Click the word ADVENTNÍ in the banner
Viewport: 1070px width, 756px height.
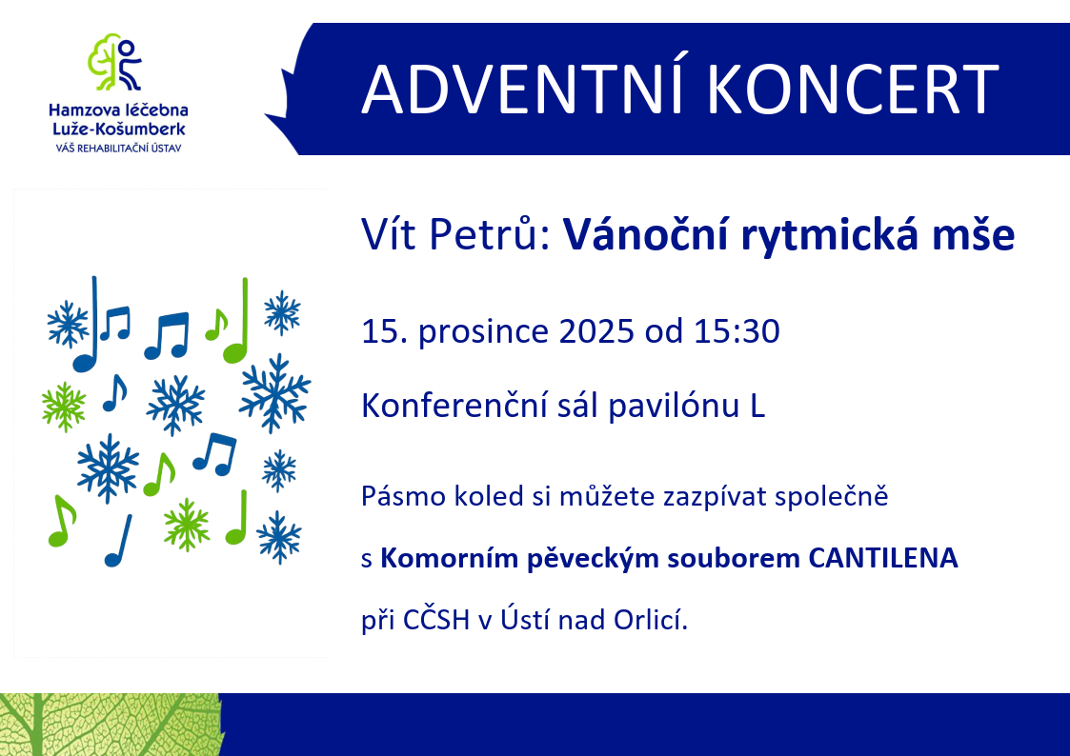(x=523, y=90)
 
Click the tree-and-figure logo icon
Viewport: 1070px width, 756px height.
(x=115, y=62)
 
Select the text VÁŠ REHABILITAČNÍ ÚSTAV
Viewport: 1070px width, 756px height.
(x=119, y=148)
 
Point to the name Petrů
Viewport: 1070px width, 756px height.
(x=482, y=235)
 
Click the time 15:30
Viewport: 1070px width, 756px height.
(x=737, y=332)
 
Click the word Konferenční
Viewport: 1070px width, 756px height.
(x=454, y=406)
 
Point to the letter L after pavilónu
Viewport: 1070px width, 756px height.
(x=757, y=407)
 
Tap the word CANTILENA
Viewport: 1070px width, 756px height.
(x=883, y=558)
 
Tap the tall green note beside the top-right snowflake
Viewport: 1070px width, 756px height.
(x=237, y=321)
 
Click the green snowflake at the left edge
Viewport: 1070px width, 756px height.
(x=64, y=407)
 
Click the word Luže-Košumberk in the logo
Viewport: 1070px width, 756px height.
(x=119, y=129)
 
